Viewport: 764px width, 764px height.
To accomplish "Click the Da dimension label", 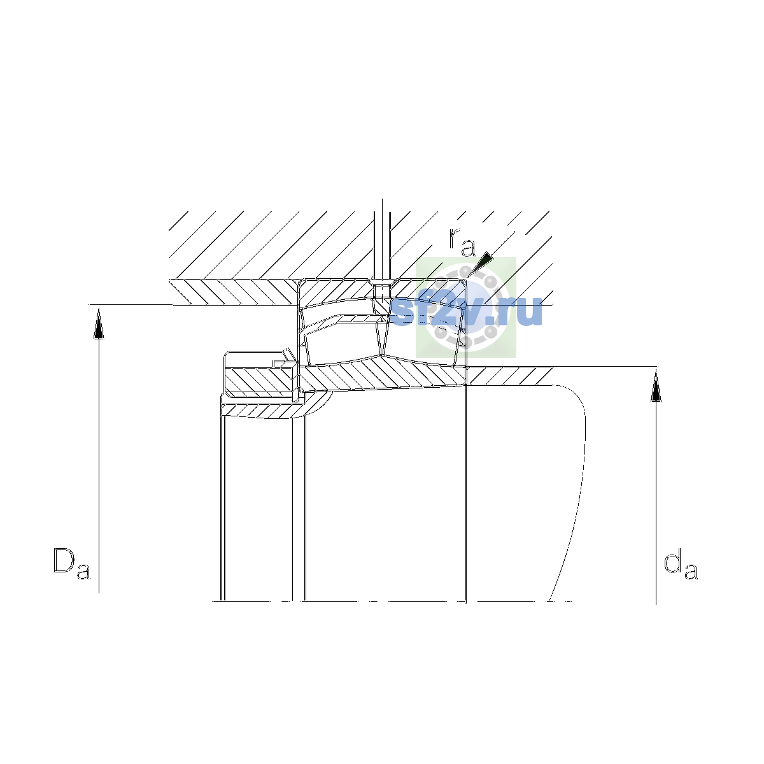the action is point(72,564).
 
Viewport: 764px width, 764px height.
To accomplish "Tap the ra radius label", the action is point(462,242).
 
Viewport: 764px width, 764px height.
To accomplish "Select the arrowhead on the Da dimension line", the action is point(99,324).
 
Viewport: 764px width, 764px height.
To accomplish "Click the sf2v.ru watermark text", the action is point(466,312).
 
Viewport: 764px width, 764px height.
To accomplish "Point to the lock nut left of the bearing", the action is point(260,374).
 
